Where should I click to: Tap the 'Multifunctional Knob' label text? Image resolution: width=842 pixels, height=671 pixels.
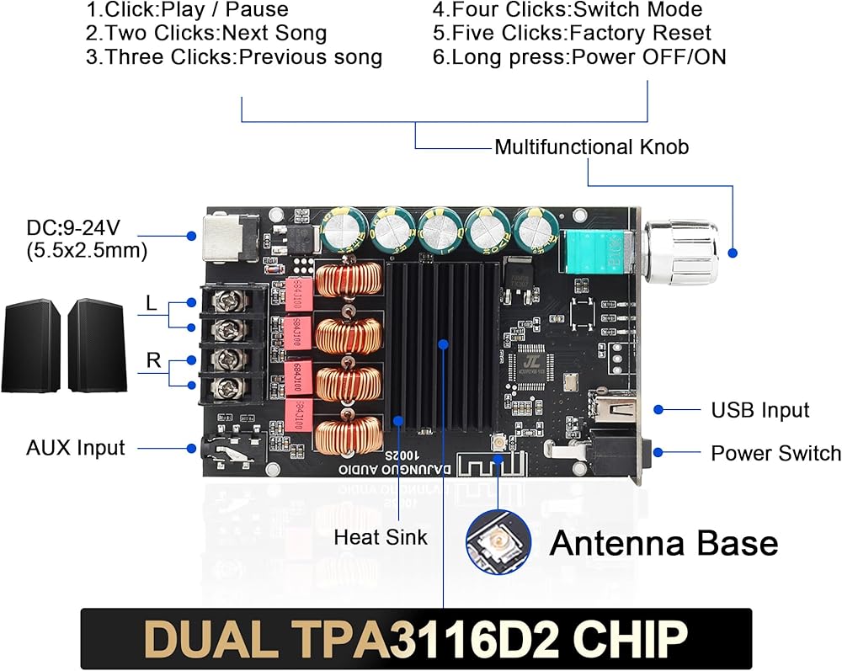point(591,147)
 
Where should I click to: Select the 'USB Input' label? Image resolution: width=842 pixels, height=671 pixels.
point(759,410)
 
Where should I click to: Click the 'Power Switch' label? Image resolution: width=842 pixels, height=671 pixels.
point(775,453)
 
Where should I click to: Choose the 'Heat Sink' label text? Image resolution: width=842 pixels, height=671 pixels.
point(381,536)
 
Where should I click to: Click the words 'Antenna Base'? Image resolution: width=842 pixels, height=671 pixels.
point(663,543)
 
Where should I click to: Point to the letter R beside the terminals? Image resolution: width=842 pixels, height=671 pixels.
point(153,361)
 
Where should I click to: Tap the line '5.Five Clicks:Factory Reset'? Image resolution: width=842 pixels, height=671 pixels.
point(572,34)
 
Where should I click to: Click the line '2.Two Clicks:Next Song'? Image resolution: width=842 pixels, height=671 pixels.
point(206,34)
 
